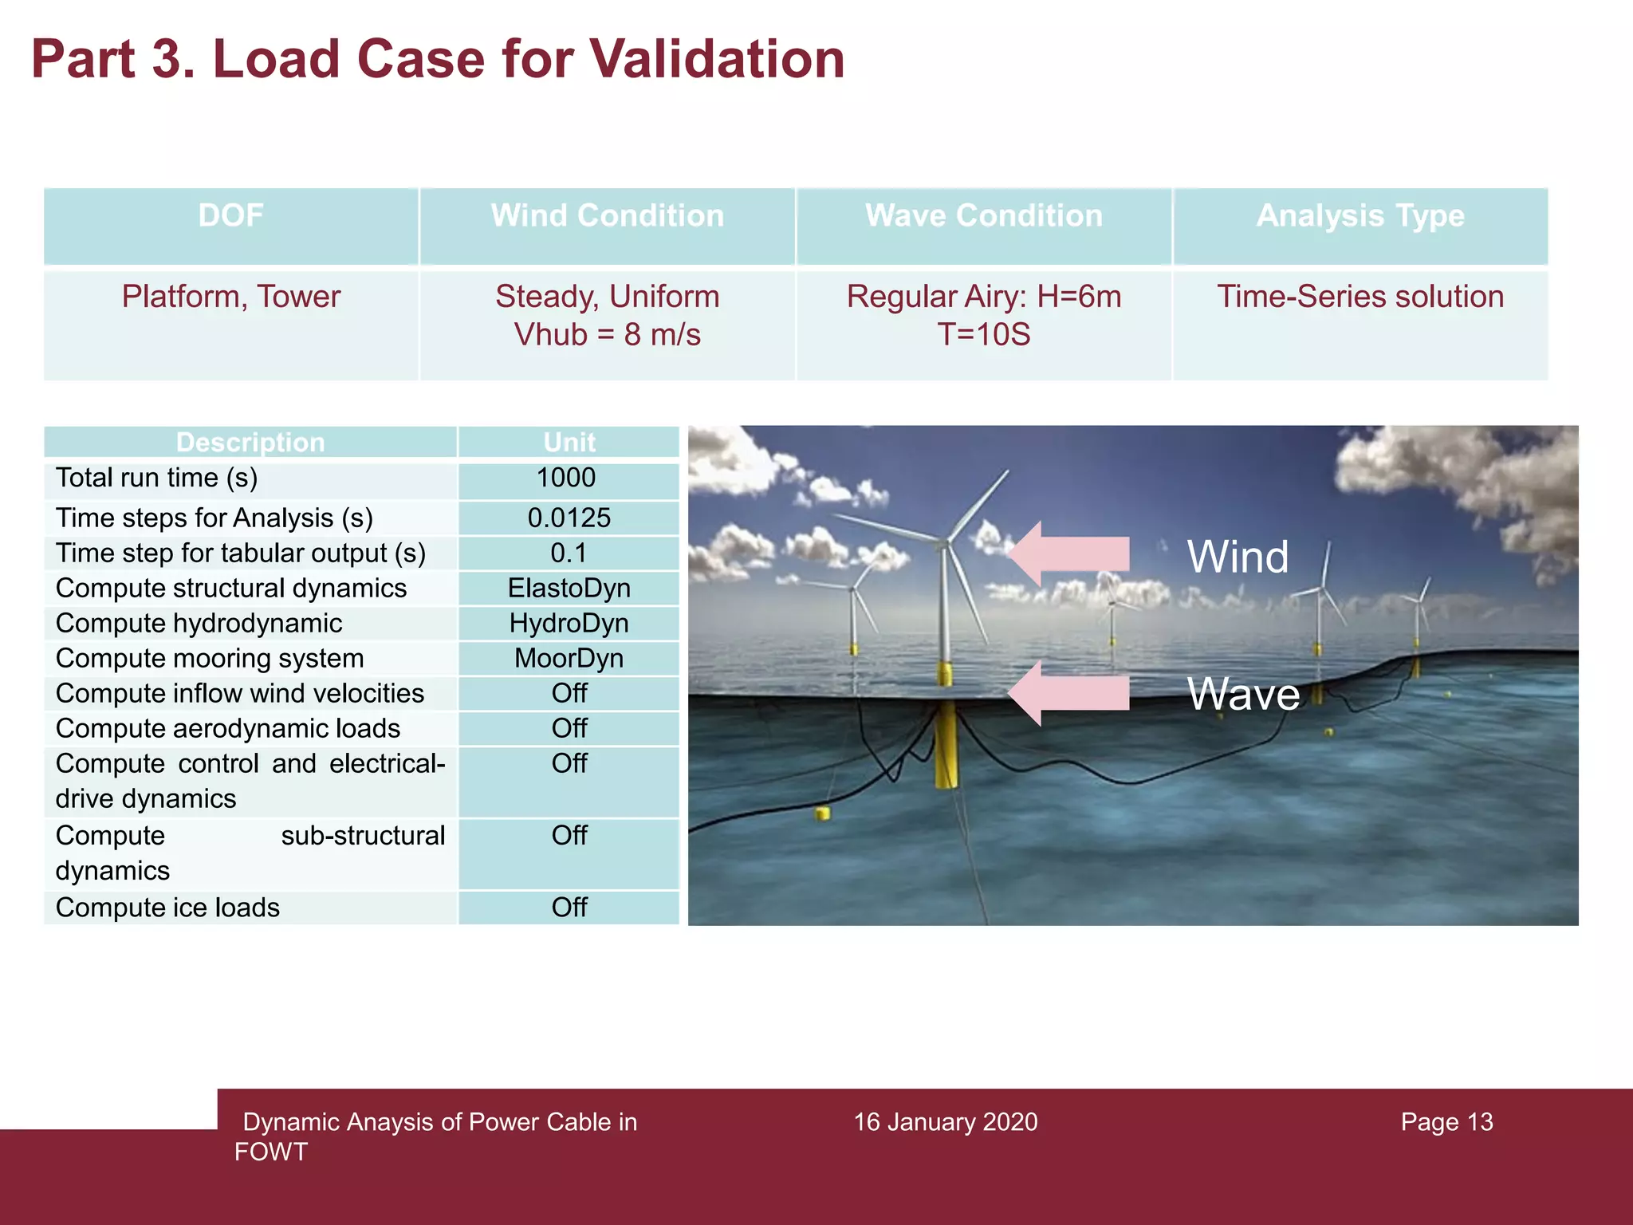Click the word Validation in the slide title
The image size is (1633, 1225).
[x=716, y=60]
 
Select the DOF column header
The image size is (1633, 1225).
[x=230, y=216]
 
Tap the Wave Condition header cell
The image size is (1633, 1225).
[x=983, y=216]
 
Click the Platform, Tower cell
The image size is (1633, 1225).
[x=230, y=297]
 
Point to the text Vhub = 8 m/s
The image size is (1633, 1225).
[x=607, y=335]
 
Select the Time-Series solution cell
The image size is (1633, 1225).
[x=1360, y=297]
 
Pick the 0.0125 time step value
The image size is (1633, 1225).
[x=569, y=518]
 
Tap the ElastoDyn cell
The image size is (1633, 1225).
[x=569, y=589]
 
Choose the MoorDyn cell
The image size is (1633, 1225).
[x=569, y=659]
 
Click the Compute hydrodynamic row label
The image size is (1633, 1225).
[x=199, y=624]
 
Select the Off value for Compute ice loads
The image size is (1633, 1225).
[x=569, y=908]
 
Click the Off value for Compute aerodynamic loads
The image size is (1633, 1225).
[x=569, y=729]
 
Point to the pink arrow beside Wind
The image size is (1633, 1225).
[x=1068, y=553]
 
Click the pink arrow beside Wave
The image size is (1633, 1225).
[x=1068, y=692]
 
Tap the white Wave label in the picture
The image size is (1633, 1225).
[x=1243, y=694]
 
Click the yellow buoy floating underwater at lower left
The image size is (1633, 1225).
[x=822, y=813]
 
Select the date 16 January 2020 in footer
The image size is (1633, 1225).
[x=945, y=1122]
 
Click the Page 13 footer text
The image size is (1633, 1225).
[x=1446, y=1122]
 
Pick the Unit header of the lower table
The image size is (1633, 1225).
[x=569, y=443]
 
